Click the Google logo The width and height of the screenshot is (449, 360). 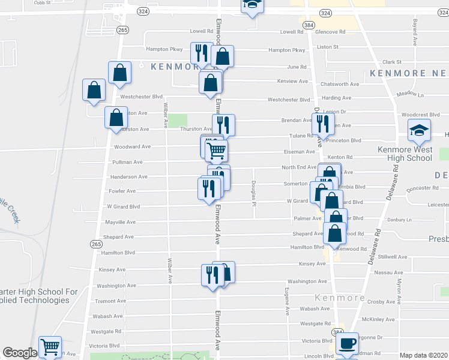(x=20, y=353)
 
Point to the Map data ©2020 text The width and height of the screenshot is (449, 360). (x=424, y=355)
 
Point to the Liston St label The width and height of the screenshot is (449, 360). (x=328, y=46)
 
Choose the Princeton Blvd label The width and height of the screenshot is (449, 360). (x=344, y=140)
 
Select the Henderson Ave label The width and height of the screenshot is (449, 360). (x=128, y=177)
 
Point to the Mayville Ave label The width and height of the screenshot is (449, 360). (x=122, y=222)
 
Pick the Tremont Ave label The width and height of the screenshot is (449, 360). (x=110, y=301)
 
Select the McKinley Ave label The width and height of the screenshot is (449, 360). (x=378, y=319)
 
